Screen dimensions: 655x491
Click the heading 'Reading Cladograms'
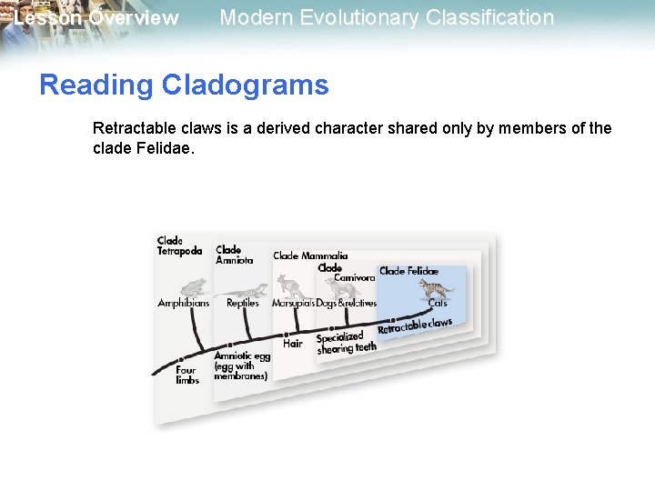(x=184, y=85)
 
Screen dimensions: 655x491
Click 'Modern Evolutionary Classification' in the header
(x=387, y=17)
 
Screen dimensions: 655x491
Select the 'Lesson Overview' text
(x=96, y=18)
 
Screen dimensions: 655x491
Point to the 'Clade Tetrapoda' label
(x=179, y=246)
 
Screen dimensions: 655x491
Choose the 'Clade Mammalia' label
(x=310, y=256)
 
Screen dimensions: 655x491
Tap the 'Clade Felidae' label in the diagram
(x=408, y=271)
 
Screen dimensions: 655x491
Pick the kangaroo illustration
(x=293, y=287)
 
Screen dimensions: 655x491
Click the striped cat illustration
(x=436, y=290)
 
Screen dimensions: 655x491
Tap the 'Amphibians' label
(x=184, y=304)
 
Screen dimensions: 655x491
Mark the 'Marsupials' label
(x=292, y=304)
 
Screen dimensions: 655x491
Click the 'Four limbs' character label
(x=186, y=376)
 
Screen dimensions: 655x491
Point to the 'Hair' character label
(x=292, y=344)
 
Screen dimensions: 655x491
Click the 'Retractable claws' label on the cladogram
(x=415, y=326)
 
